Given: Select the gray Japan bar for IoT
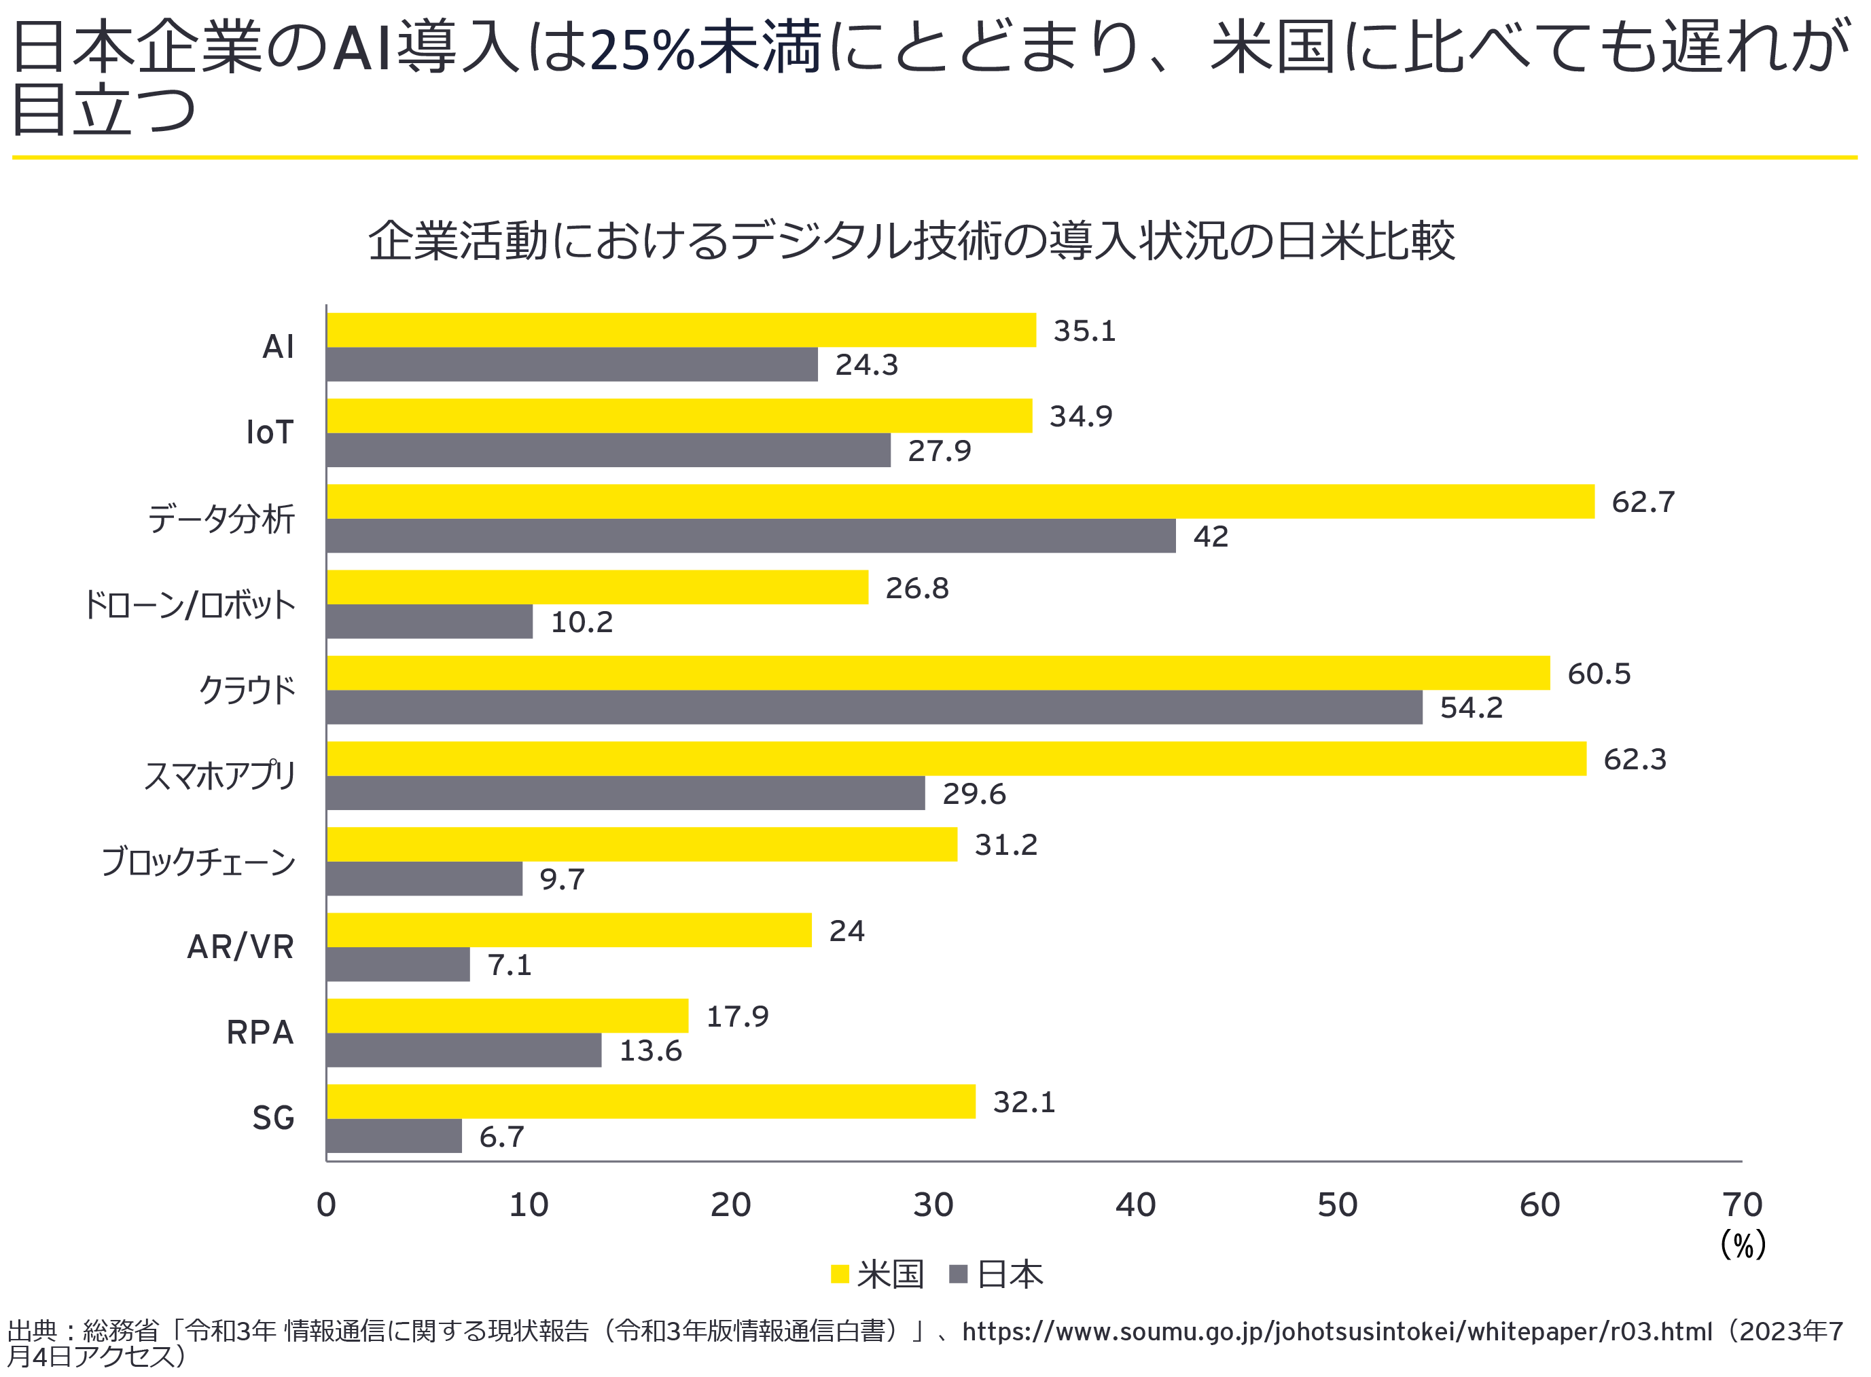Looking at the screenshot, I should pyautogui.click(x=608, y=450).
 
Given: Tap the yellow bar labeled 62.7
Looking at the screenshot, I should pyautogui.click(x=960, y=501).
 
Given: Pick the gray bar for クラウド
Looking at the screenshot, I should pyautogui.click(x=874, y=707).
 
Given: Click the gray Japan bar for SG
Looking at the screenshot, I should pyautogui.click(x=393, y=1135).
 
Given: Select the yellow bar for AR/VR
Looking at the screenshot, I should pyautogui.click(x=569, y=930).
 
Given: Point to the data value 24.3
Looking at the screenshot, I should pyautogui.click(x=866, y=365).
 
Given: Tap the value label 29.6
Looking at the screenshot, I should pyautogui.click(x=973, y=794).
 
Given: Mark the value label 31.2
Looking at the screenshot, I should pyautogui.click(x=1005, y=845).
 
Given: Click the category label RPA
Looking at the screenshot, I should pyautogui.click(x=260, y=1032).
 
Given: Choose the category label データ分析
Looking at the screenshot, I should pyautogui.click(x=221, y=519).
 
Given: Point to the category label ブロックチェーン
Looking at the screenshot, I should pyautogui.click(x=198, y=861).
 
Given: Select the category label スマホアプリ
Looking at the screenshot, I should pyautogui.click(x=220, y=775).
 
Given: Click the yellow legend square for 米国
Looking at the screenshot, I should pyautogui.click(x=840, y=1274).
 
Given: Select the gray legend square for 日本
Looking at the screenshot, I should pyautogui.click(x=958, y=1274).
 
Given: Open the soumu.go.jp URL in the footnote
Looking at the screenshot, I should pyautogui.click(x=1336, y=1331).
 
